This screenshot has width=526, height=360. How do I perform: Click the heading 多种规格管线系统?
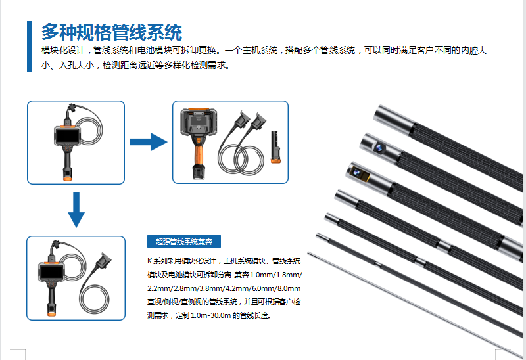pyautogui.click(x=112, y=32)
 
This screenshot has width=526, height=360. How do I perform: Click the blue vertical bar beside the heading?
pyautogui.click(x=30, y=46)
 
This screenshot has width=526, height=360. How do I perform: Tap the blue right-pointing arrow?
pyautogui.click(x=149, y=142)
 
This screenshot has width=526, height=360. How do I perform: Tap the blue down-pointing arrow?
pyautogui.click(x=76, y=210)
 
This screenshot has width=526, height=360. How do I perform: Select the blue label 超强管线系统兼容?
pyautogui.click(x=184, y=241)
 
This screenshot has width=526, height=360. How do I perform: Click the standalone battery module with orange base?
pyautogui.click(x=275, y=147)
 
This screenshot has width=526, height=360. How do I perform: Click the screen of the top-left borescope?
pyautogui.click(x=68, y=136)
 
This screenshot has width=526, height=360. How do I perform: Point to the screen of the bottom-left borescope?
pyautogui.click(x=51, y=272)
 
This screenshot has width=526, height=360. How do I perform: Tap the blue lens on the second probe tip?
pyautogui.click(x=379, y=148)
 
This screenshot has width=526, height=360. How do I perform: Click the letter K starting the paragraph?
pyautogui.click(x=150, y=261)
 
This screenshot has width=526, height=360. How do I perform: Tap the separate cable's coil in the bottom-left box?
pyautogui.click(x=94, y=300)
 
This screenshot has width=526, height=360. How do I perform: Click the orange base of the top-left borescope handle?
pyautogui.click(x=68, y=178)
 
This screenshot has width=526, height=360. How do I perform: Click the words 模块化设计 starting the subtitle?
pyautogui.click(x=63, y=51)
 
